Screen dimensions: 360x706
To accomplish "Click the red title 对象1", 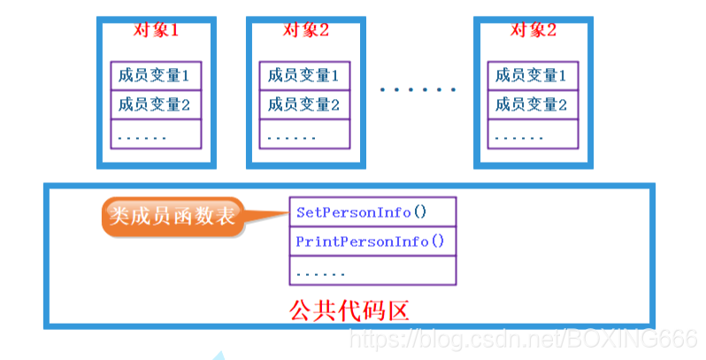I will (156, 29).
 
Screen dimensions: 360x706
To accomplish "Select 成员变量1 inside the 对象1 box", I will (156, 75).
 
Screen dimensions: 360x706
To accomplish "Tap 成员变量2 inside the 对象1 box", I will (156, 104).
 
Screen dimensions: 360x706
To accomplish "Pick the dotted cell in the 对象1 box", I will (156, 134).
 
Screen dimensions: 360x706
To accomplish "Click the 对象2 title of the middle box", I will (306, 29).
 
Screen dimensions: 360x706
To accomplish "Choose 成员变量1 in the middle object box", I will (305, 75).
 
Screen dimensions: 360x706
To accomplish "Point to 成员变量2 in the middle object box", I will (305, 104).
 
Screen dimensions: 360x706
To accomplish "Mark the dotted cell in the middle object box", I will (305, 134).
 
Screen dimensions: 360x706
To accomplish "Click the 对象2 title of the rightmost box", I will (533, 29).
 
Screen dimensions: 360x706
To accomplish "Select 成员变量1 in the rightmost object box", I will (532, 75).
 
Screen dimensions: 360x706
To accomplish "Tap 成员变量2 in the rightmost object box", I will (532, 104).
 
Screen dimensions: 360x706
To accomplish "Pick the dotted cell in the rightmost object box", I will (532, 134).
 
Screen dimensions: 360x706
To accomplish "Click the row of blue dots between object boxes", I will (418, 89).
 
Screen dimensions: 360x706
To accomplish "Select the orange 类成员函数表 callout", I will (173, 216).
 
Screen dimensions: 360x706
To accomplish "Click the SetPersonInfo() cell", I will (372, 212).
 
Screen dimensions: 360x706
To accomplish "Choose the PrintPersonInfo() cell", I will (372, 241).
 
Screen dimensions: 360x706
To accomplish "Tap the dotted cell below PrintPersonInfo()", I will (372, 271).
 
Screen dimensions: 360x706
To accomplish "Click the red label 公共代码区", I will (349, 310).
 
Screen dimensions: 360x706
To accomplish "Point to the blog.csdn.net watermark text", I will (523, 337).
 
